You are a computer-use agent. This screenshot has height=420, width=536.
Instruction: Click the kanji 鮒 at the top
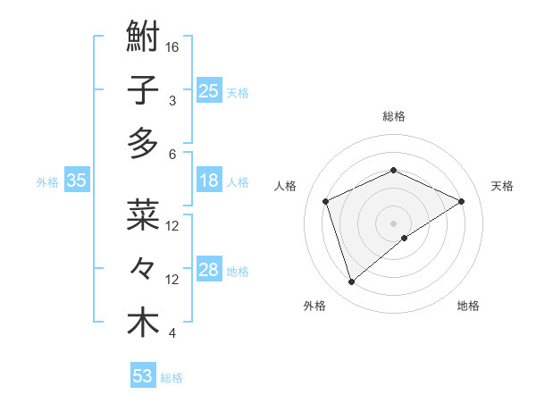coord(143,38)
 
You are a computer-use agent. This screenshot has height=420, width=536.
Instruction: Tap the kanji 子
coord(143,90)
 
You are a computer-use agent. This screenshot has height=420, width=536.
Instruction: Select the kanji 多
coord(143,142)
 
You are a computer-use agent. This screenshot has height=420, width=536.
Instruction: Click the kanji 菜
coord(143,215)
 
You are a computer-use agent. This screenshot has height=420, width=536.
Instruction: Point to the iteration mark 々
coord(143,268)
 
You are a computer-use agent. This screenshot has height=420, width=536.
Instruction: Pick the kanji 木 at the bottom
coord(143,322)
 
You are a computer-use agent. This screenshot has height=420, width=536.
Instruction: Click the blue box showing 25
coord(209,91)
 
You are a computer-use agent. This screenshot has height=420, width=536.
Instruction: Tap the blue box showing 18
coord(209,181)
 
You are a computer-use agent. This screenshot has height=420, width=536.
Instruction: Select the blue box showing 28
coord(209,270)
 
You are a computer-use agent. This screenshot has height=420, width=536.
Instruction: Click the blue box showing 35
coord(77,181)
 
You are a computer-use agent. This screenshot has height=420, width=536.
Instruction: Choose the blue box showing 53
coord(143,376)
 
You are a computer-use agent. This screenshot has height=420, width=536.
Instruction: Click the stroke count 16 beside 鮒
coord(173,46)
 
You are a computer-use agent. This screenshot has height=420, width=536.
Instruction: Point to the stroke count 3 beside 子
coord(172,100)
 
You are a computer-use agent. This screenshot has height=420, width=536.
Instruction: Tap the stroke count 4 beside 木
coord(172,333)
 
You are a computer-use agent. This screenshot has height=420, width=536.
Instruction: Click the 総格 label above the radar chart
coord(393,116)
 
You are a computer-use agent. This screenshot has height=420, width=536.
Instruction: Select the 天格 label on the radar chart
coord(502,186)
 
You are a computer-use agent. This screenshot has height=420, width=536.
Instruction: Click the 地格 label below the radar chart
coord(468,306)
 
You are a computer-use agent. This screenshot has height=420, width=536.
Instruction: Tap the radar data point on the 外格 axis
coord(351,282)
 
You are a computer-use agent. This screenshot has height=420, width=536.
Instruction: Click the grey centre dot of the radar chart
coord(393,223)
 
